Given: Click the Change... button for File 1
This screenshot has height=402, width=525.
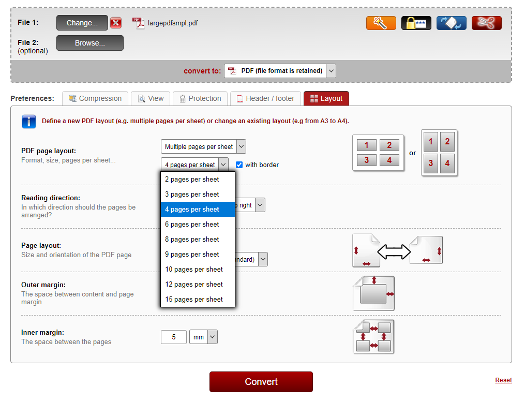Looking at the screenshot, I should tap(82, 23).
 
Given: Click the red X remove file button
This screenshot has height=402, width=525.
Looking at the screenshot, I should tap(116, 23).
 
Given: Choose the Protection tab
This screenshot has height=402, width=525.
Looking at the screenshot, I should tap(200, 98).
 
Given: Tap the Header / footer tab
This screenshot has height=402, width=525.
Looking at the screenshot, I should tap(265, 98).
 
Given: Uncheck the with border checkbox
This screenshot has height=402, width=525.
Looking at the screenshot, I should tap(239, 165).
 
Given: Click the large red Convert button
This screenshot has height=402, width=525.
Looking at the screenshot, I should tap(261, 382).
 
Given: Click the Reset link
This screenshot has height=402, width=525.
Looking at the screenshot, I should tap(503, 380).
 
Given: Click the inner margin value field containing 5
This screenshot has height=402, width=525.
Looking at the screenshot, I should tap(173, 337).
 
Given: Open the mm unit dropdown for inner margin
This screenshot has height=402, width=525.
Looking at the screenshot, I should tap(203, 337).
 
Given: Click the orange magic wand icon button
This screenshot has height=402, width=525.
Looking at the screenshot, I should tap(381, 23).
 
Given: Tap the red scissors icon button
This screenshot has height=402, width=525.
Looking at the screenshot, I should tap(486, 23).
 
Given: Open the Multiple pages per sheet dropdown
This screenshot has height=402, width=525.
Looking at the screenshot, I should tap(203, 147).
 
